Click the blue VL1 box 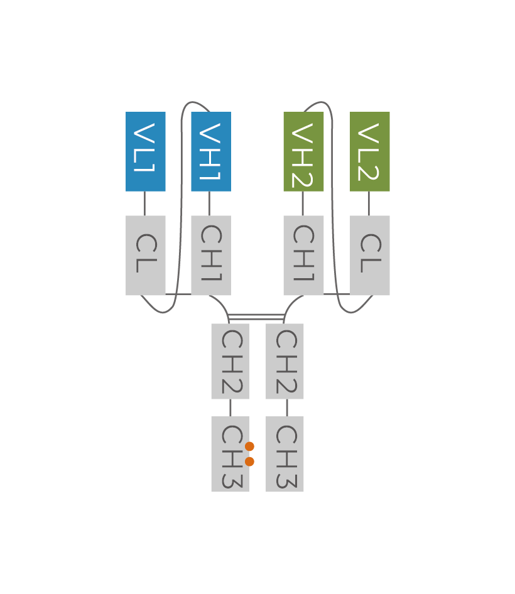coord(145,151)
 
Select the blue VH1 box coord(210,151)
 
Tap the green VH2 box coord(303,151)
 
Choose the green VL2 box coord(369,151)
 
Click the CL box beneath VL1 coord(145,255)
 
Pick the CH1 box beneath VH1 coord(210,255)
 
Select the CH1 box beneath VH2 coord(303,255)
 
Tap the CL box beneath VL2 coord(369,255)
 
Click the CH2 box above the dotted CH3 coord(230,361)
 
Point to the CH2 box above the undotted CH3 coord(285,361)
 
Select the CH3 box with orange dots coord(227,453)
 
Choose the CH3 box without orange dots coord(285,453)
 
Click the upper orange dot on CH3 coord(249,446)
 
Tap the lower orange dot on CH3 coord(249,462)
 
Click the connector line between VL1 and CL coord(145,203)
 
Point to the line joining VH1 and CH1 coord(210,203)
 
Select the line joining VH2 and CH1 coord(303,203)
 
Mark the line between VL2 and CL coord(369,203)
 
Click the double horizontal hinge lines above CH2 coord(256,316)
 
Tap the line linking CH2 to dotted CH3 coord(230,408)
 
